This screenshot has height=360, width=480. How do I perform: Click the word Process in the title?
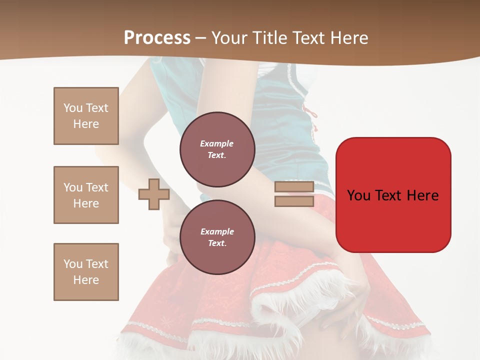click(157, 38)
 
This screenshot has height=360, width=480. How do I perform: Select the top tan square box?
click(86, 116)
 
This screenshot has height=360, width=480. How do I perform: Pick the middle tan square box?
click(86, 195)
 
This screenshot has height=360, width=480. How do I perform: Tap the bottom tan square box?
click(86, 272)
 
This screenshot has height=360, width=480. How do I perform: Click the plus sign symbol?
click(154, 194)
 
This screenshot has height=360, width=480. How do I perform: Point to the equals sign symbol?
click(294, 194)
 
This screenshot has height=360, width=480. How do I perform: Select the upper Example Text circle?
click(217, 149)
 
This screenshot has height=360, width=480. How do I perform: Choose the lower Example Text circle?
click(217, 237)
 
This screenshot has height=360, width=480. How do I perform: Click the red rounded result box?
click(393, 195)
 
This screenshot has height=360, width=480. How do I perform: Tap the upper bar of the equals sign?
click(294, 187)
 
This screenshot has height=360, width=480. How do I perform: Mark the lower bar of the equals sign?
click(294, 201)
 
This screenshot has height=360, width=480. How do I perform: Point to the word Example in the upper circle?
click(217, 143)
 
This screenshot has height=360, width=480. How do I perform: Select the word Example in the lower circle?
click(217, 231)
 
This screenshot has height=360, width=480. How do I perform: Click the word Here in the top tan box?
click(86, 124)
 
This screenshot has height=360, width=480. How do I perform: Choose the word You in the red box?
click(358, 195)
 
